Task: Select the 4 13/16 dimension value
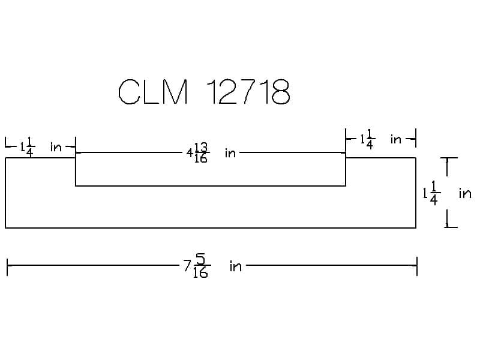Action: click(198, 153)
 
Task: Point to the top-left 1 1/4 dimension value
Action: click(27, 146)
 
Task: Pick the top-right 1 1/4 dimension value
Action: click(367, 140)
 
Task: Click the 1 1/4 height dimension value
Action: click(432, 193)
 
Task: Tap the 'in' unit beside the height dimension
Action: click(465, 193)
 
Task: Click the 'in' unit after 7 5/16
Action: click(235, 266)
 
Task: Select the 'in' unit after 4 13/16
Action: click(230, 153)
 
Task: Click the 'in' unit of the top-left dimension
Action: click(56, 147)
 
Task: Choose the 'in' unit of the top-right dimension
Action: click(396, 140)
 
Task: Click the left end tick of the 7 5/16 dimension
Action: click(7, 266)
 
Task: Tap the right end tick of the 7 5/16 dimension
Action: click(416, 266)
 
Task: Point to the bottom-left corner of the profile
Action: click(5, 228)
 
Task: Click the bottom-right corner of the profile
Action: click(416, 228)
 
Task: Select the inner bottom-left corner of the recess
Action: click(76, 186)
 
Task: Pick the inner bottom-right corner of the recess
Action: click(346, 186)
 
